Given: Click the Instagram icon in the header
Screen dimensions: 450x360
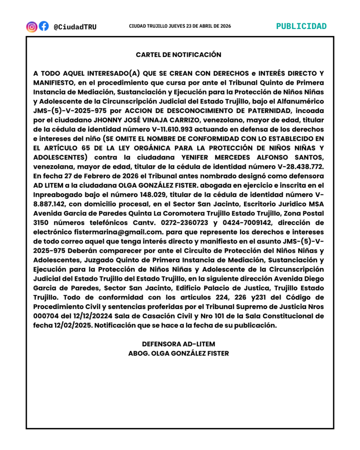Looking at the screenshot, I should coord(32,26).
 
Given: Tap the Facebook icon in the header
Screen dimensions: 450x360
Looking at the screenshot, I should coord(44,26).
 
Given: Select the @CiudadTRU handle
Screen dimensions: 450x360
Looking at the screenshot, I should coord(75,27).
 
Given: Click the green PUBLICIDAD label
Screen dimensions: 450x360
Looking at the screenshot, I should coord(301,26).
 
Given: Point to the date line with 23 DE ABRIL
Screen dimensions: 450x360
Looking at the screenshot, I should coord(180,26).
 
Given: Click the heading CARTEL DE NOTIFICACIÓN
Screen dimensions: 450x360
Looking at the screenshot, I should coord(178,55).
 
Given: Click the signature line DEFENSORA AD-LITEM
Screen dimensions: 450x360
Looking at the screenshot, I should coord(178,344).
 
